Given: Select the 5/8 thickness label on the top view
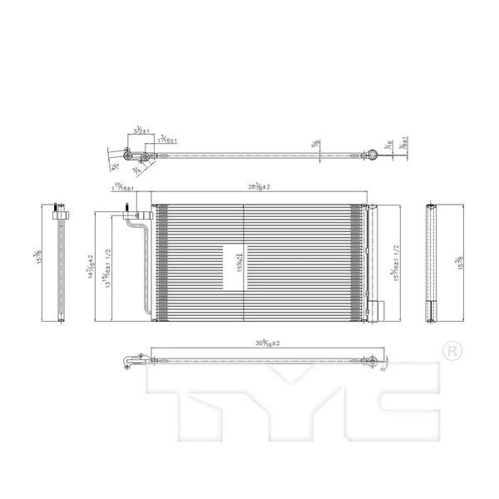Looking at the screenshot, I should [x=316, y=143].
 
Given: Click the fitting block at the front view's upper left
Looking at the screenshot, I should [x=136, y=219].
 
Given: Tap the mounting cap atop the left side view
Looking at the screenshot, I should [x=56, y=210].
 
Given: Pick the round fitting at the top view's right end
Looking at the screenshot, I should [x=371, y=155].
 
